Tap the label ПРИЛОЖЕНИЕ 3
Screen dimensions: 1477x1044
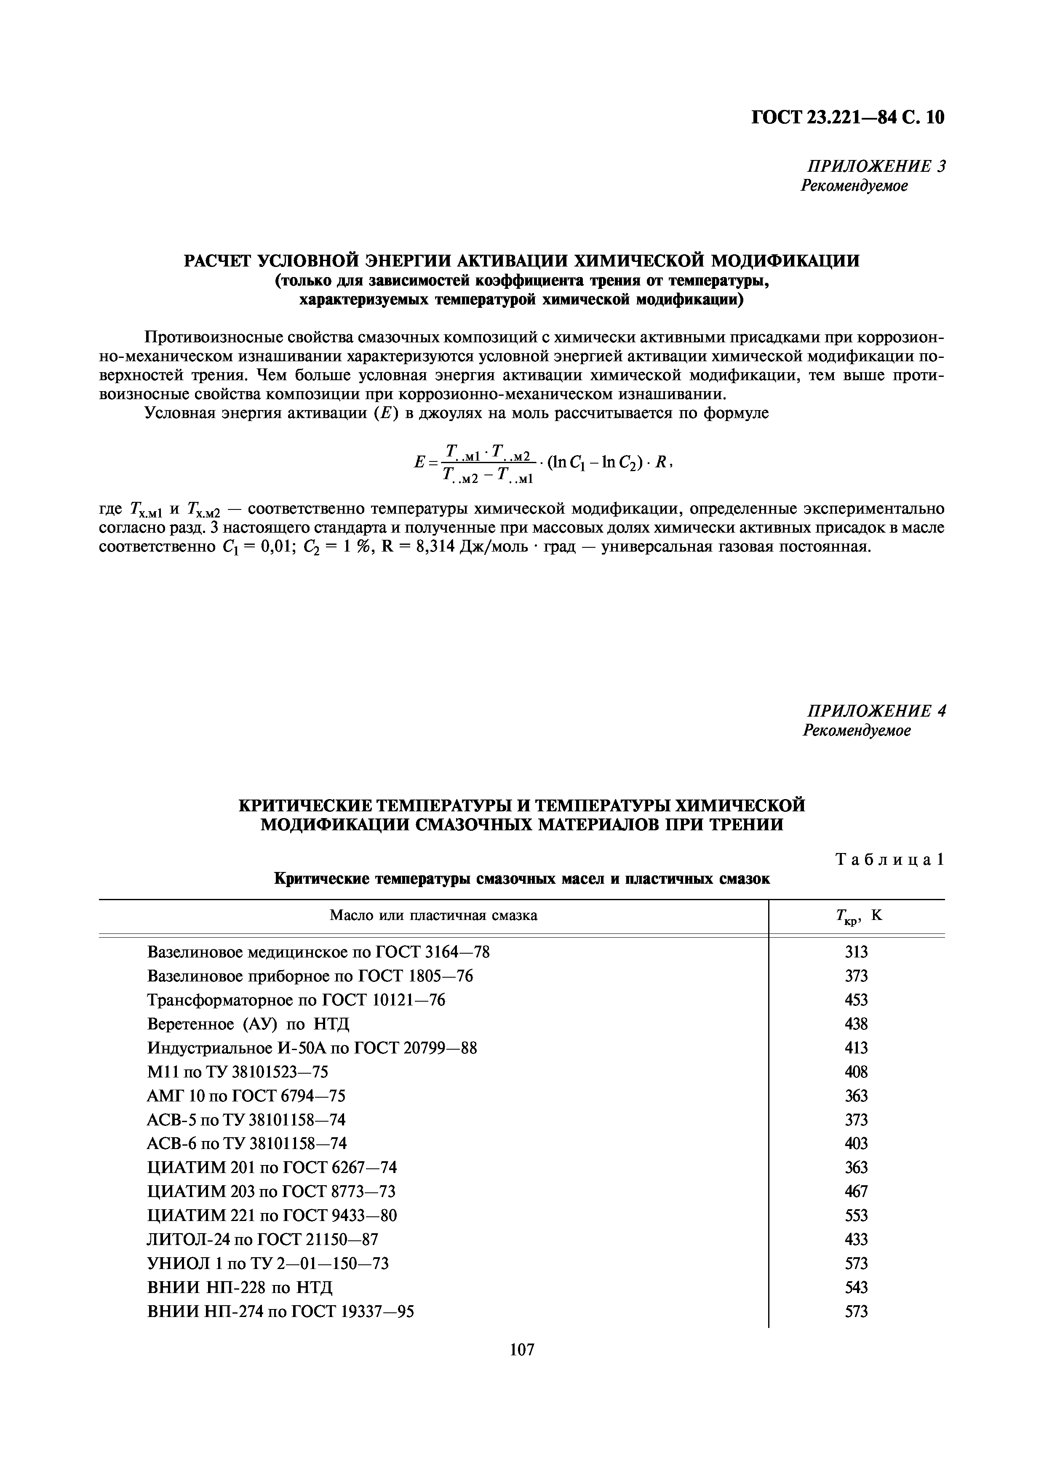pos(876,167)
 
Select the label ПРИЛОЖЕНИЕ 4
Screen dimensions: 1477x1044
pos(876,711)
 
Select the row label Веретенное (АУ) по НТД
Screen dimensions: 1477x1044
pos(248,1024)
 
